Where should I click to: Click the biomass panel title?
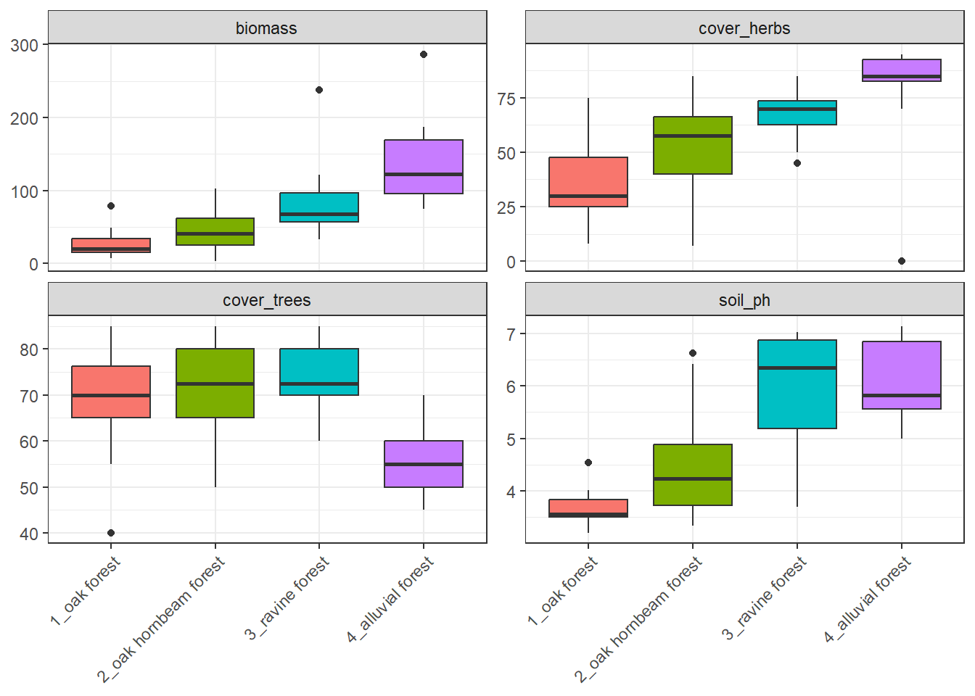[x=266, y=28]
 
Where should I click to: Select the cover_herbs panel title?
[x=744, y=28]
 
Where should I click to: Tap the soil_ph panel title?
[x=744, y=300]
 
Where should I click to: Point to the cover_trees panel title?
[x=266, y=300]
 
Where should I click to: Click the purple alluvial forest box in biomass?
[x=424, y=167]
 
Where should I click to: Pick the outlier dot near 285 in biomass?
[x=424, y=54]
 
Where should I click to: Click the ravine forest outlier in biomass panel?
[x=319, y=90]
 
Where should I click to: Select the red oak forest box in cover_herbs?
[x=588, y=182]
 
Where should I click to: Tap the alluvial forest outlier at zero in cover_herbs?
[x=902, y=261]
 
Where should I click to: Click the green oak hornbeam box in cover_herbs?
[x=693, y=145]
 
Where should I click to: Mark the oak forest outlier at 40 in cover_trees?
[x=111, y=533]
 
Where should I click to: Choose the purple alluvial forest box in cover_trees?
[x=424, y=464]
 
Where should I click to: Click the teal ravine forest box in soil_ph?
[x=797, y=384]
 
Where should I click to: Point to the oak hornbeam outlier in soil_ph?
[x=693, y=353]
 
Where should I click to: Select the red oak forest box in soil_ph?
[x=588, y=507]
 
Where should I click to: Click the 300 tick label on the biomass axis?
[x=25, y=45]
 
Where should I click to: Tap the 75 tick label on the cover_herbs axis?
[x=506, y=99]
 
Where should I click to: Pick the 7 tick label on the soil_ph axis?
[x=511, y=334]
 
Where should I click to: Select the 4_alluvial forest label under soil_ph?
[x=868, y=599]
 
